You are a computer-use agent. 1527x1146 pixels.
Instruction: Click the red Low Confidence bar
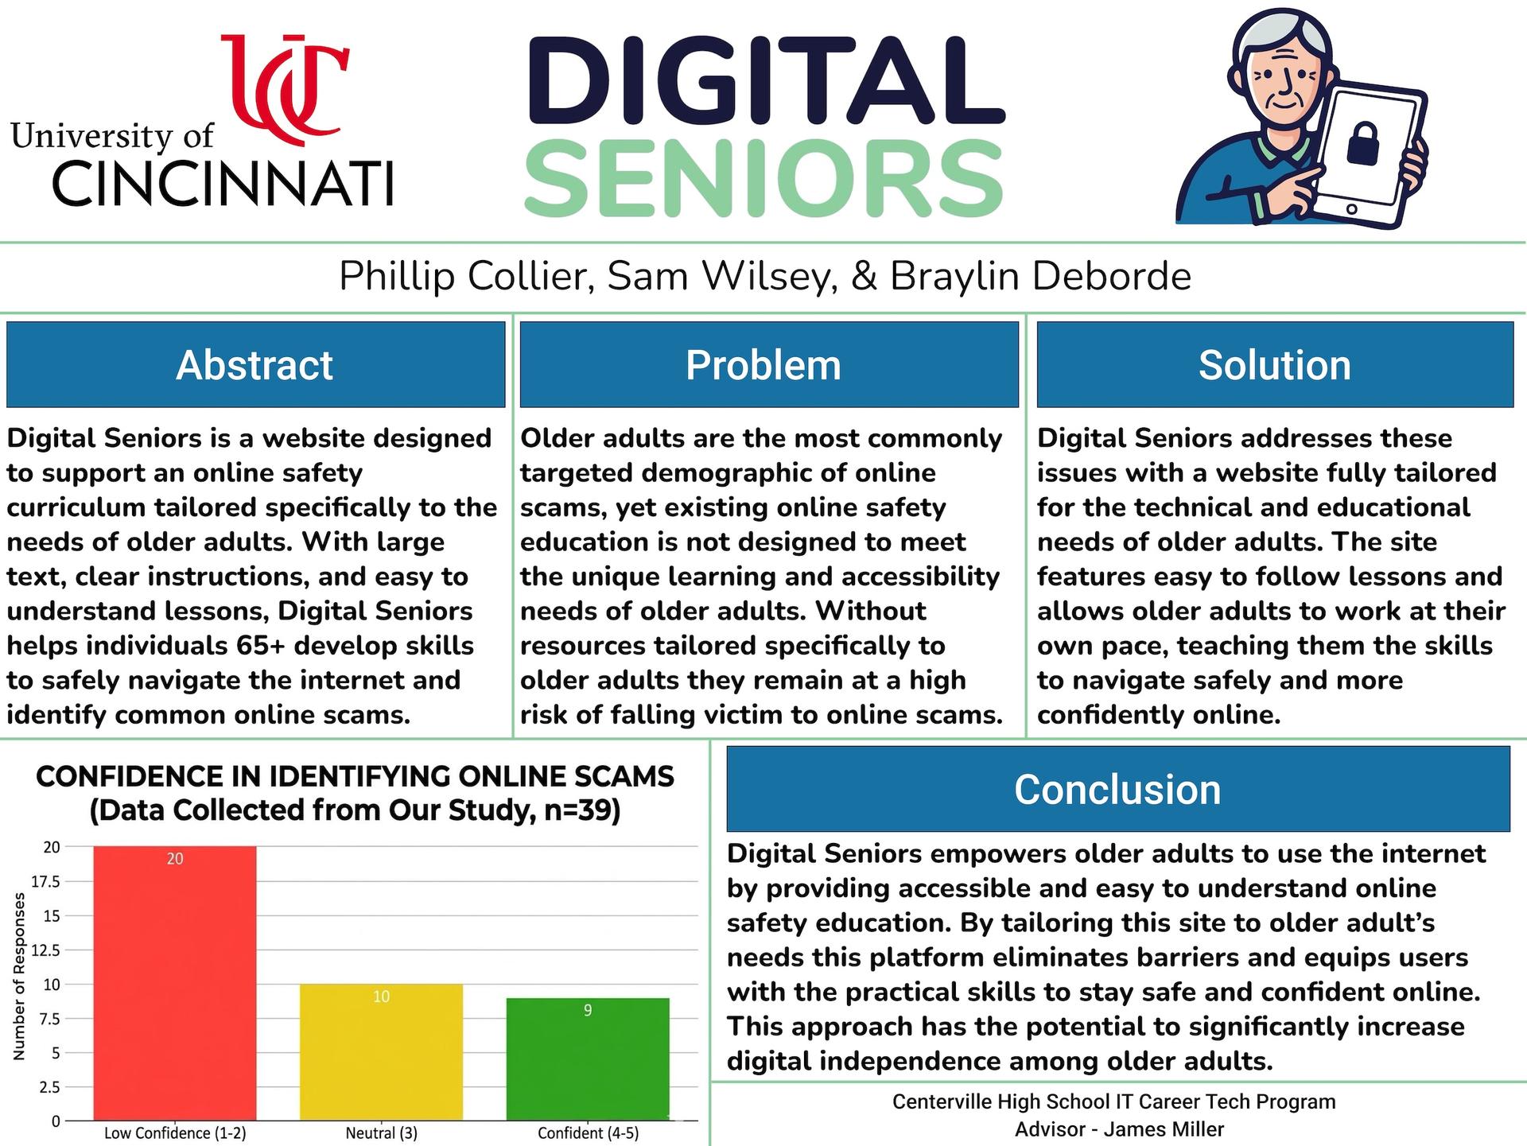(x=175, y=983)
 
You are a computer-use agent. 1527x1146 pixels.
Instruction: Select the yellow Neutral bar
(x=381, y=1052)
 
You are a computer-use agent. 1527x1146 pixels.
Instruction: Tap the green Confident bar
(x=588, y=1059)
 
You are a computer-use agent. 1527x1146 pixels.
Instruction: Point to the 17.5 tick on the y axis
(x=45, y=881)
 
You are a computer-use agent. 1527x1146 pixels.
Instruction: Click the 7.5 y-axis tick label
(x=49, y=1019)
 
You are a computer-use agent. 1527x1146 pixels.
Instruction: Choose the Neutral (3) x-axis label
(x=381, y=1133)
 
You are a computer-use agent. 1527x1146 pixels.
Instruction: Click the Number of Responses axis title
(x=20, y=976)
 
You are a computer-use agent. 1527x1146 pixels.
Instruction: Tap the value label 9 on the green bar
(x=588, y=1011)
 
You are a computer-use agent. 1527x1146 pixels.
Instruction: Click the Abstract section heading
(x=254, y=365)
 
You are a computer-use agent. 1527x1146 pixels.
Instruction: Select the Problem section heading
(x=763, y=365)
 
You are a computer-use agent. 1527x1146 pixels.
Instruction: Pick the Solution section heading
(x=1274, y=365)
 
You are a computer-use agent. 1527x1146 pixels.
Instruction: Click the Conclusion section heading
(x=1117, y=790)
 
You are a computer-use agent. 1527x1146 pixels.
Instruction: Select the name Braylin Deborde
(x=1040, y=276)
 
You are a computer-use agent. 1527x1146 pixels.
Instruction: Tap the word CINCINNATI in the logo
(x=223, y=182)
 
